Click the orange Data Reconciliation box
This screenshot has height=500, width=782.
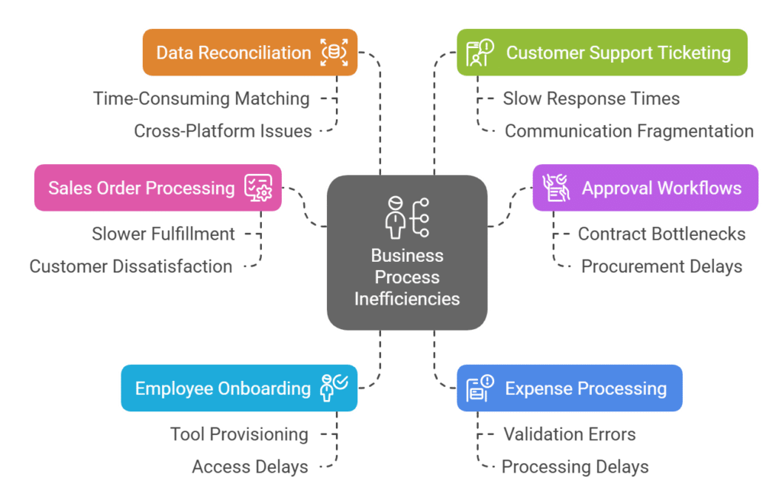(249, 53)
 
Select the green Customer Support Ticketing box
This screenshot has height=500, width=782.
(601, 53)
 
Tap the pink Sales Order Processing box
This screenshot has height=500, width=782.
(157, 188)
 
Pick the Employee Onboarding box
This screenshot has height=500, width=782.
(238, 388)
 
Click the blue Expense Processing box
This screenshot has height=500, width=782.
(569, 388)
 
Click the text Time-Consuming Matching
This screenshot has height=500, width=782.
(202, 98)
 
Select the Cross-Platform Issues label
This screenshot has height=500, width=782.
(223, 131)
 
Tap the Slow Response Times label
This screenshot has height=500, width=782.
(590, 98)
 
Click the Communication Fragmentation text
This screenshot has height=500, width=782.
(629, 131)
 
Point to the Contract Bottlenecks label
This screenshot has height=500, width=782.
(661, 234)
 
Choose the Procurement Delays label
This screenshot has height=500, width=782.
(661, 266)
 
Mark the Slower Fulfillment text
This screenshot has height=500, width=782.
(163, 234)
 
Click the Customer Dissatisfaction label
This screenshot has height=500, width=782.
(131, 266)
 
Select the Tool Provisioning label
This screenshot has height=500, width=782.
(239, 434)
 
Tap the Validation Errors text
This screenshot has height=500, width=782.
(569, 434)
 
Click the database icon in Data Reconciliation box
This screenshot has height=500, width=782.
(334, 53)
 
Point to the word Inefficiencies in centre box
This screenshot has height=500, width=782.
(407, 298)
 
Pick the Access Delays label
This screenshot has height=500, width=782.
(250, 466)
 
